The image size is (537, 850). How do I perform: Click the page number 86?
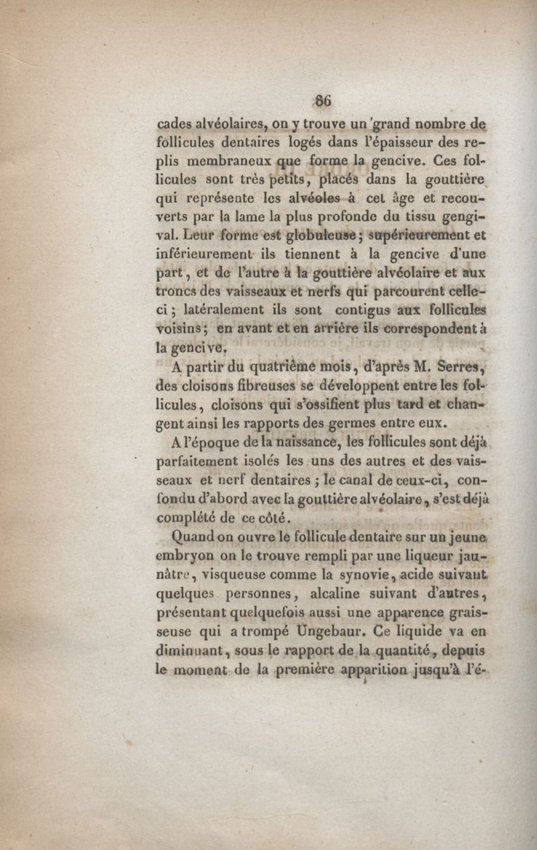[x=324, y=101]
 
